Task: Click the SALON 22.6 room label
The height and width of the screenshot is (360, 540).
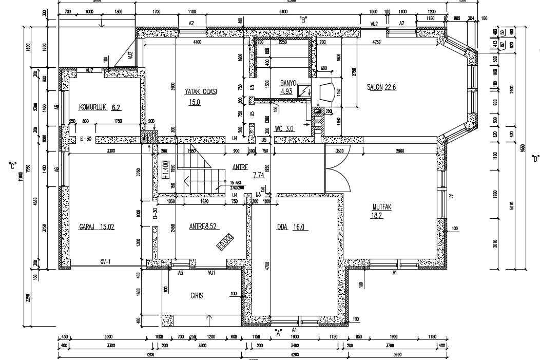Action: click(381, 87)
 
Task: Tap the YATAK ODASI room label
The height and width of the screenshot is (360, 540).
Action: click(201, 91)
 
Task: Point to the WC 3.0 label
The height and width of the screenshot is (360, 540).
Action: click(284, 128)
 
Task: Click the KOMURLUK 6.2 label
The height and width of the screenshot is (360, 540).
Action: click(100, 107)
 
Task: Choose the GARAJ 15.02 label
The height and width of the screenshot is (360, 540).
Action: click(97, 226)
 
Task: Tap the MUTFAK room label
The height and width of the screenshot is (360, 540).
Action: click(382, 207)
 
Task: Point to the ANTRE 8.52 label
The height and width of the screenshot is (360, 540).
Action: click(204, 226)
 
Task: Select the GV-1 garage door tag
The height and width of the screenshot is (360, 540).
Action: click(106, 261)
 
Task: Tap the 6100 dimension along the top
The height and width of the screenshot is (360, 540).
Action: click(282, 11)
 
